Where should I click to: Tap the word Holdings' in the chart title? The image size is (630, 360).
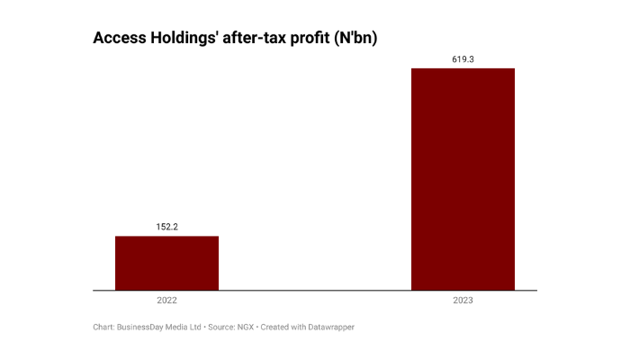pyautogui.click(x=184, y=39)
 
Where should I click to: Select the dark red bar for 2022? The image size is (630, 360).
pyautogui.click(x=166, y=263)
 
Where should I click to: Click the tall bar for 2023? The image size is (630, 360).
pyautogui.click(x=463, y=180)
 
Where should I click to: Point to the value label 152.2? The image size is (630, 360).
pyautogui.click(x=166, y=227)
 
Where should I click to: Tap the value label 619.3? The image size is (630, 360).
pyautogui.click(x=463, y=59)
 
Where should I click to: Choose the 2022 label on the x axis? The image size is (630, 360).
pyautogui.click(x=166, y=300)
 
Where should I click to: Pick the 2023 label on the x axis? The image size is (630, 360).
pyautogui.click(x=463, y=300)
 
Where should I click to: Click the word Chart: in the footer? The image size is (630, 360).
pyautogui.click(x=103, y=328)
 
